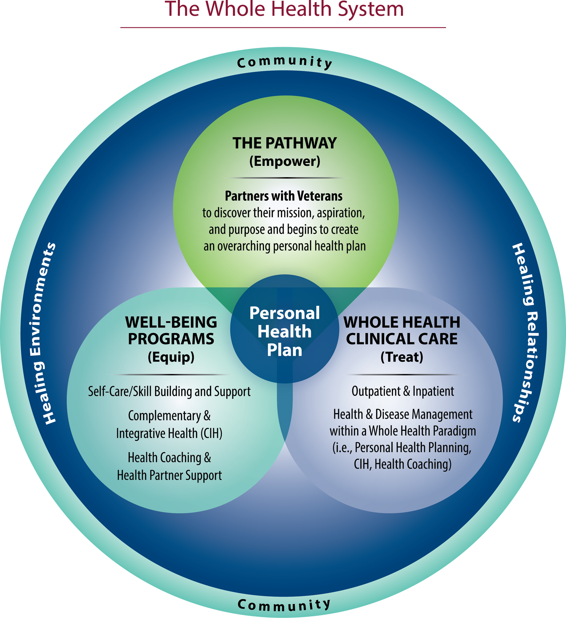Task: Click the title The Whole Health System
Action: pyautogui.click(x=284, y=9)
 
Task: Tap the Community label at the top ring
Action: pyautogui.click(x=285, y=62)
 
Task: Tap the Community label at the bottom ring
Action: pyautogui.click(x=284, y=604)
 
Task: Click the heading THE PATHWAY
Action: pyautogui.click(x=285, y=143)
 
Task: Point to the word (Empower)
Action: pyautogui.click(x=285, y=161)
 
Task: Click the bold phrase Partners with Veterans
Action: pyautogui.click(x=284, y=196)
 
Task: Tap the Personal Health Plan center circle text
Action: pyautogui.click(x=285, y=331)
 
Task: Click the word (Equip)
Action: pyautogui.click(x=171, y=357)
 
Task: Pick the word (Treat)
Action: pyautogui.click(x=402, y=357)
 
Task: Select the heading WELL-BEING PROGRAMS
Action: pyautogui.click(x=171, y=330)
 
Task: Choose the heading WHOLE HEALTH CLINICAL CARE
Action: pyautogui.click(x=402, y=330)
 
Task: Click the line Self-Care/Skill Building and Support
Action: pyautogui.click(x=169, y=391)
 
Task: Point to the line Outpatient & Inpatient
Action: pyautogui.click(x=402, y=391)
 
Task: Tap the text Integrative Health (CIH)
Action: pyautogui.click(x=169, y=433)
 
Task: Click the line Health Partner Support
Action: pyautogui.click(x=169, y=475)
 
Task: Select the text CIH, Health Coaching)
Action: pyautogui.click(x=402, y=464)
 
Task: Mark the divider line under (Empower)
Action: pyautogui.click(x=285, y=178)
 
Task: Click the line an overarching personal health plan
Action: pyautogui.click(x=284, y=246)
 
